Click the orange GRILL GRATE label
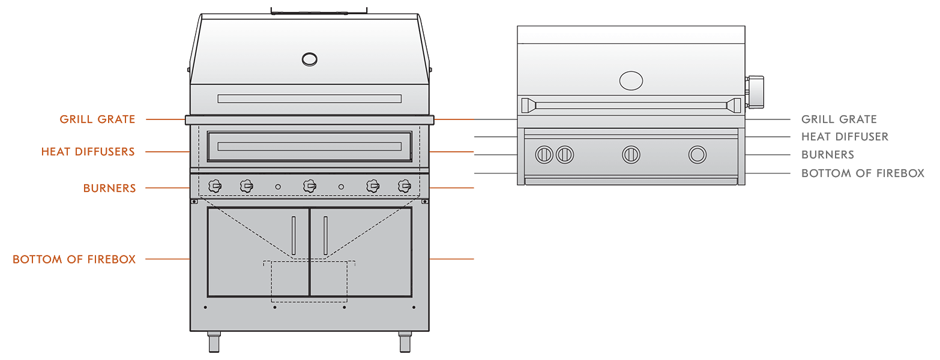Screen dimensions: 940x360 click(x=97, y=119)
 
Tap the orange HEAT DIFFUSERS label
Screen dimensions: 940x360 click(x=88, y=151)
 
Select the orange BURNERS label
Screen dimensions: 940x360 click(x=109, y=188)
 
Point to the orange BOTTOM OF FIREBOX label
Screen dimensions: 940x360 click(x=74, y=259)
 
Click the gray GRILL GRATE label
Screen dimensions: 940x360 click(x=839, y=119)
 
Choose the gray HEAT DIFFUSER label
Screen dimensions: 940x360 click(x=845, y=137)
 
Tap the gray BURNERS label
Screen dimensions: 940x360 click(x=828, y=155)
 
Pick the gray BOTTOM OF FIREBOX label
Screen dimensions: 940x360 click(x=863, y=173)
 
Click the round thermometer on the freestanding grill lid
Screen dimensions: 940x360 click(x=310, y=59)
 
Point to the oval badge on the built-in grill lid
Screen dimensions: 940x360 click(x=631, y=80)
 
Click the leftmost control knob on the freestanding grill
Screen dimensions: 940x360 click(x=215, y=186)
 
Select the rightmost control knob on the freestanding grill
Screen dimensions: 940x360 click(x=405, y=186)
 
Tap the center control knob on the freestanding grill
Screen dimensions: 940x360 click(x=310, y=186)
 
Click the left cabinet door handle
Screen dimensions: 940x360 click(x=294, y=235)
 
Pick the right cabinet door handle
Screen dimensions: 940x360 click(x=326, y=235)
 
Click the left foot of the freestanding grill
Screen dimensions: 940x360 click(x=214, y=341)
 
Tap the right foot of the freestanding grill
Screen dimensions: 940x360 click(x=405, y=341)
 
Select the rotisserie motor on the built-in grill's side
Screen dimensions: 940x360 click(x=755, y=92)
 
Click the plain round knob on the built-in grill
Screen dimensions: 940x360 click(x=697, y=155)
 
